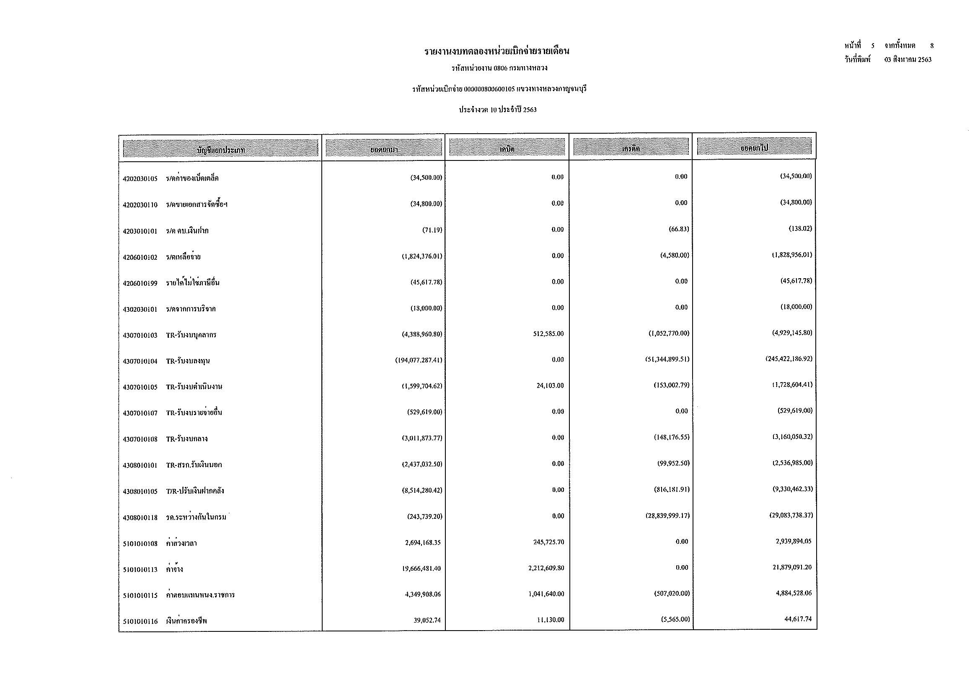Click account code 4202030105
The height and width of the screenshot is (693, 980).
click(140, 178)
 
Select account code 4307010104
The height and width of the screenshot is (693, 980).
click(140, 362)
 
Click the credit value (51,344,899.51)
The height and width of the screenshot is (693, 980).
click(667, 359)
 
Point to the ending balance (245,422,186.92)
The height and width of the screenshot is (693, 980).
click(789, 359)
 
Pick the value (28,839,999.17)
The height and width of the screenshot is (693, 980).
click(667, 516)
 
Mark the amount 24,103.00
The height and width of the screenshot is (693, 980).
click(550, 386)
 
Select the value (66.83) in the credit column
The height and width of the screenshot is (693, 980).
click(678, 229)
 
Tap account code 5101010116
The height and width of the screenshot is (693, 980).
click(140, 621)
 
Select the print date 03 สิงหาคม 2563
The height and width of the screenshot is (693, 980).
click(908, 60)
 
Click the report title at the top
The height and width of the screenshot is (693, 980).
click(496, 52)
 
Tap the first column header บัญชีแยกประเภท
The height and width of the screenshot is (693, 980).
click(220, 149)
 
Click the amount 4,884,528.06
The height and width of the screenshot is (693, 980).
click(794, 593)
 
